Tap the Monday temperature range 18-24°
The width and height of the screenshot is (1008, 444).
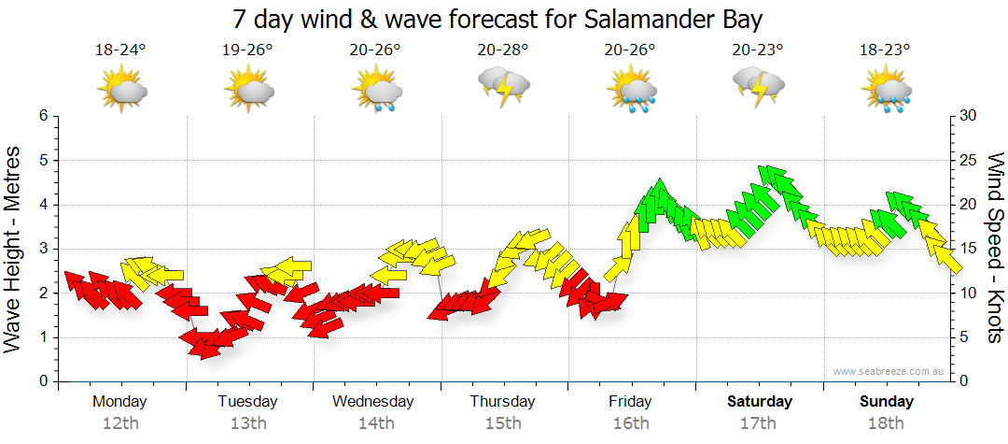click(121, 50)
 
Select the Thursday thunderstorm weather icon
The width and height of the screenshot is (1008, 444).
click(504, 87)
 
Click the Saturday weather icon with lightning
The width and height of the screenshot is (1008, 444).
click(758, 87)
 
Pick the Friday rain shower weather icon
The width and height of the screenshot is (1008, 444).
click(632, 91)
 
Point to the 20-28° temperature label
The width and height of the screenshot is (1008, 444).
click(503, 50)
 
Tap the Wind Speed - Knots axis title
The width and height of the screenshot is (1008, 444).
click(994, 248)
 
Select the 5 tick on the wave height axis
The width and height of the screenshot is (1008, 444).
click(41, 160)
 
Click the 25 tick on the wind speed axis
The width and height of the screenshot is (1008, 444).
click(969, 160)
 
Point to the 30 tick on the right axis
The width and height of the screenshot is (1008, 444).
click(969, 116)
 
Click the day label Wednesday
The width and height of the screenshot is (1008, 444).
click(373, 402)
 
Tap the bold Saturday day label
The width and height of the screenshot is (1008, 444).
click(760, 402)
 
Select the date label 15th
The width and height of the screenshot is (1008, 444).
click(503, 423)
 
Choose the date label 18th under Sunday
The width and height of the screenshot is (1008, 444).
click(887, 423)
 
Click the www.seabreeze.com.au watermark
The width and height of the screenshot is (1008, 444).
click(889, 372)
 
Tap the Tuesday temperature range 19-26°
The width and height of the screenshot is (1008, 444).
click(248, 50)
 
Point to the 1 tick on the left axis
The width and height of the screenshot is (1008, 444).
click(41, 337)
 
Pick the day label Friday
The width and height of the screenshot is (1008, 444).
click(631, 402)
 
